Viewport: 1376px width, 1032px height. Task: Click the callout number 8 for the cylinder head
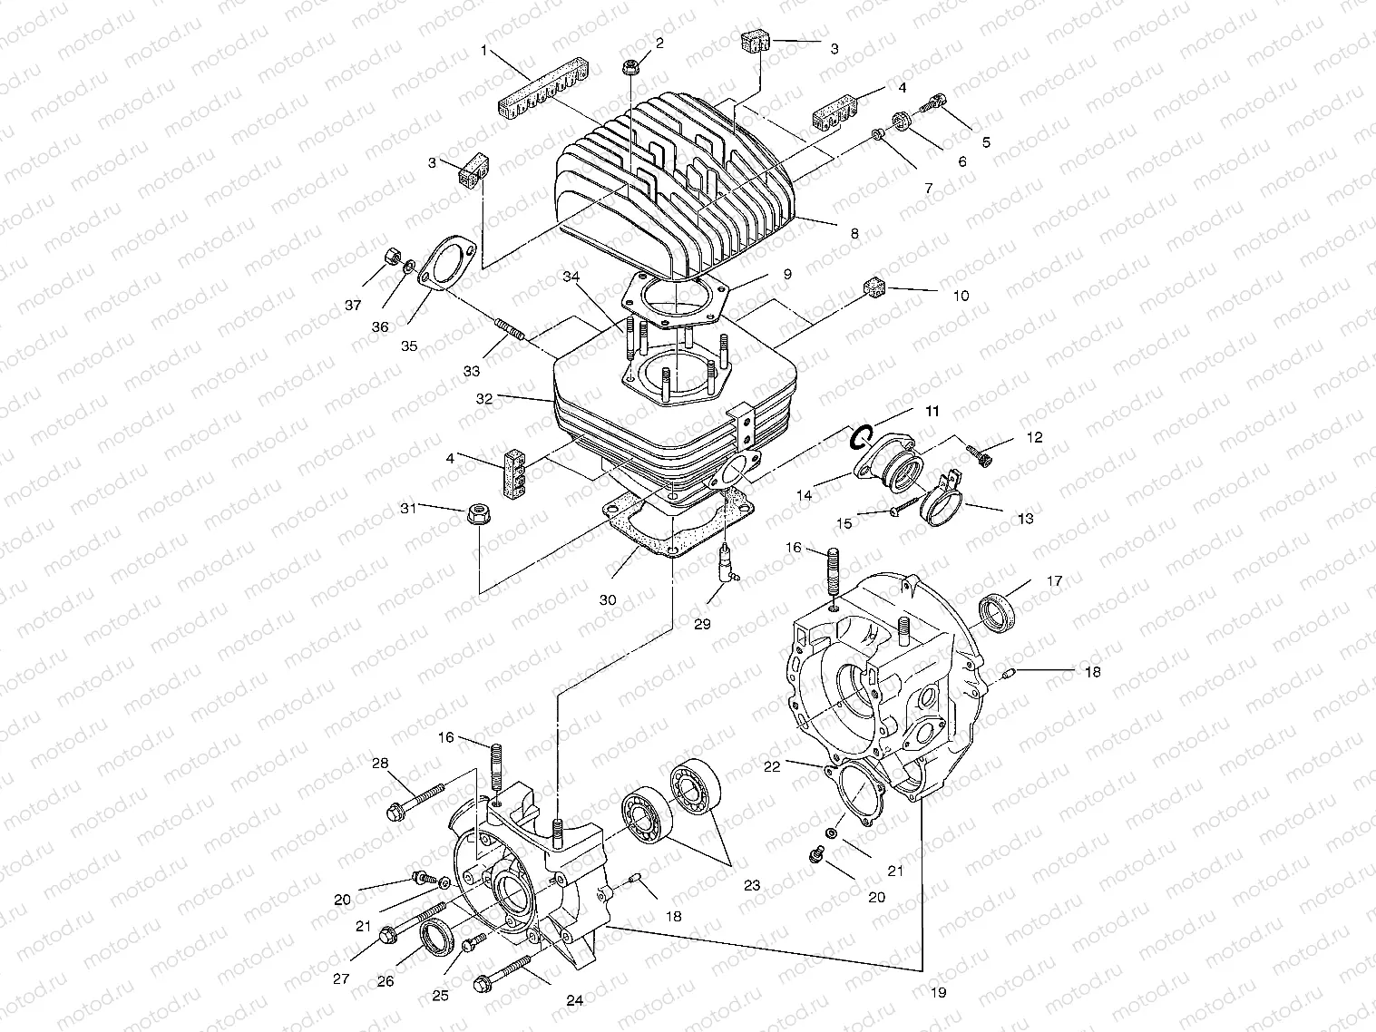[854, 233]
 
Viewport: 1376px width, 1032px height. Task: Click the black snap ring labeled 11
[861, 437]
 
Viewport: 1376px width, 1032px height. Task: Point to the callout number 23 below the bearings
[751, 886]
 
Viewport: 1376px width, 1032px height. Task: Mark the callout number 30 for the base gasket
[608, 599]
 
